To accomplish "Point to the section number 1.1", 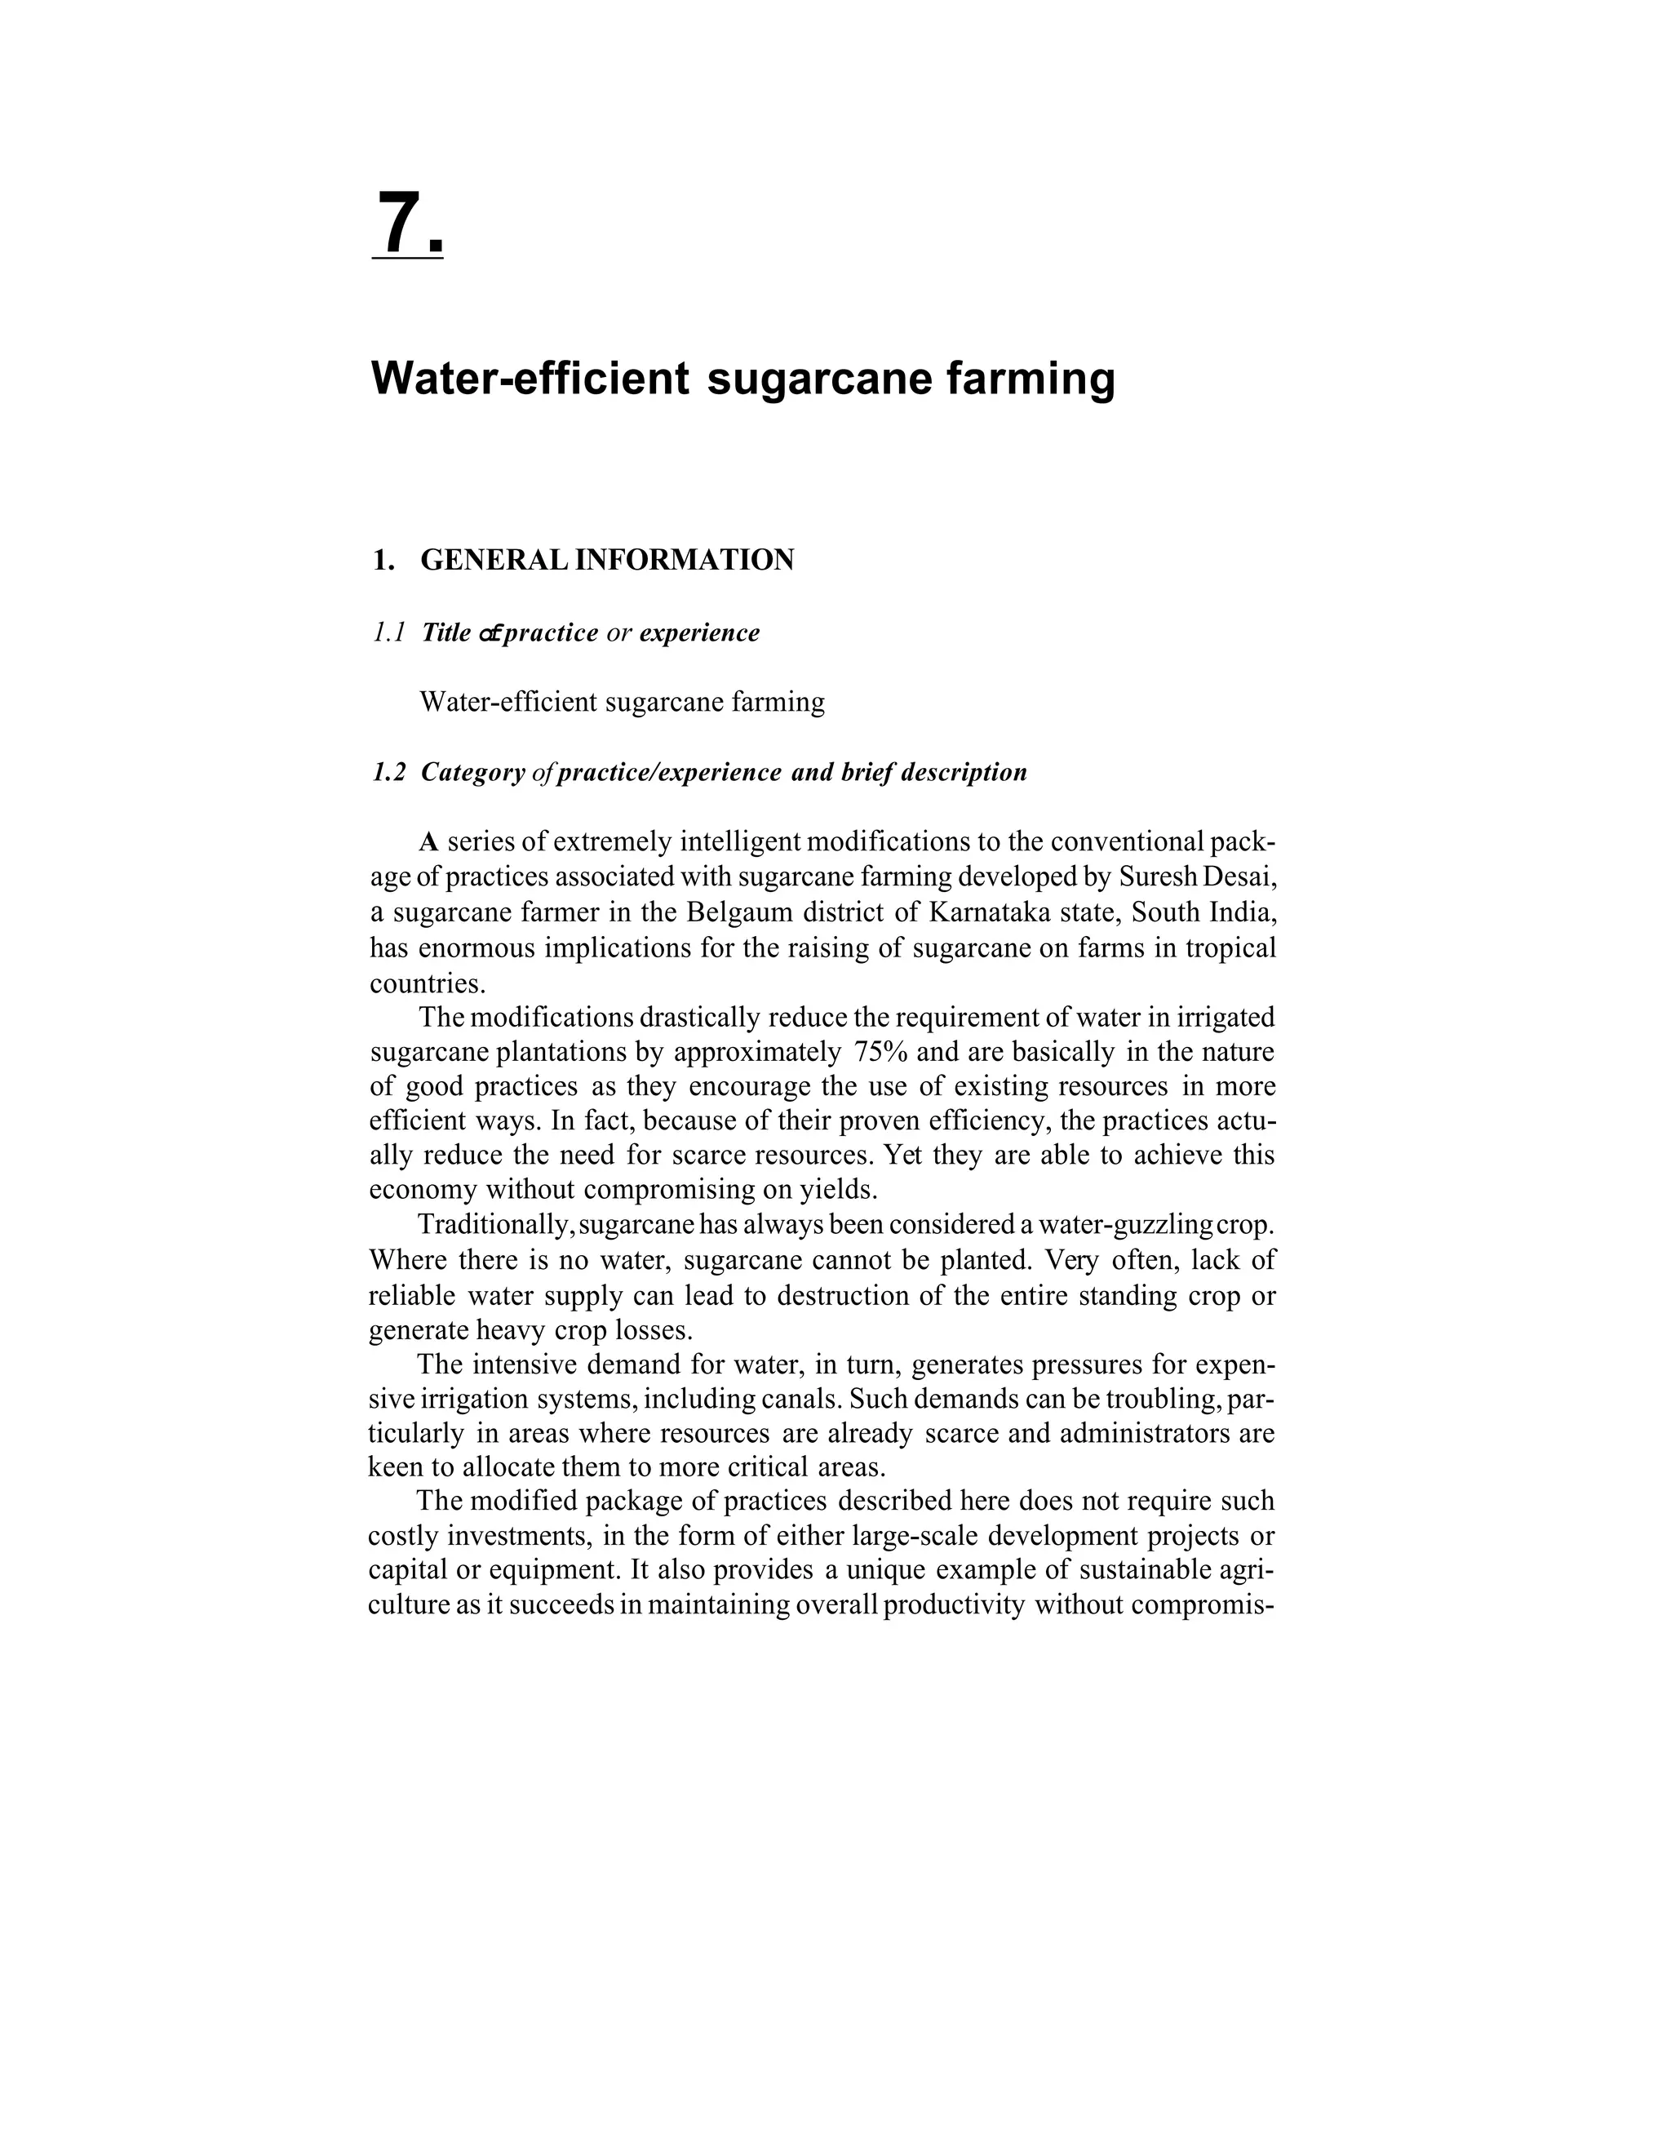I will tap(389, 632).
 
